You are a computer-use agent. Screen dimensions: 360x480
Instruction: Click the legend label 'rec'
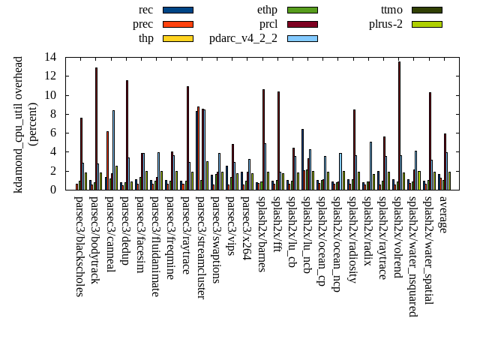click(145, 10)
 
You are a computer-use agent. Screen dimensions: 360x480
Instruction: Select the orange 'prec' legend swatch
click(178, 24)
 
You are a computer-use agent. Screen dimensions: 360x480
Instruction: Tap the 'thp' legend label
click(145, 38)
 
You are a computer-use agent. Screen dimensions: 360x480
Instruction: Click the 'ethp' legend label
click(267, 10)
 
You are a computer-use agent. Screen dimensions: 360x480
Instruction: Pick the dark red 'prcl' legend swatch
click(302, 24)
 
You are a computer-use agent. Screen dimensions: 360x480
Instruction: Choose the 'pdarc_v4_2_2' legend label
click(243, 38)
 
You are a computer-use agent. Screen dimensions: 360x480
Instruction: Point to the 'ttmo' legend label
click(391, 10)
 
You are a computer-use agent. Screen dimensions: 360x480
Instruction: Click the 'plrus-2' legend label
click(385, 24)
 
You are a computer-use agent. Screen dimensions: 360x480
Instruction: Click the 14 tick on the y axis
click(50, 57)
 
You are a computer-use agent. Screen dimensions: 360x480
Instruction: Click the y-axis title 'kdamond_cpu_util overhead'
click(19, 124)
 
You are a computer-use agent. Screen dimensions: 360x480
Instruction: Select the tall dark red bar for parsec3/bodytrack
click(96, 128)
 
